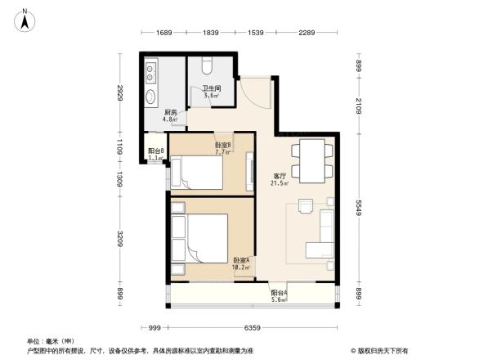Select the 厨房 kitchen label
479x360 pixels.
click(x=170, y=115)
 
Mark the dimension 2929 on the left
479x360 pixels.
click(x=119, y=95)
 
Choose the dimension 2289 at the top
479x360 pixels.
click(x=307, y=33)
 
